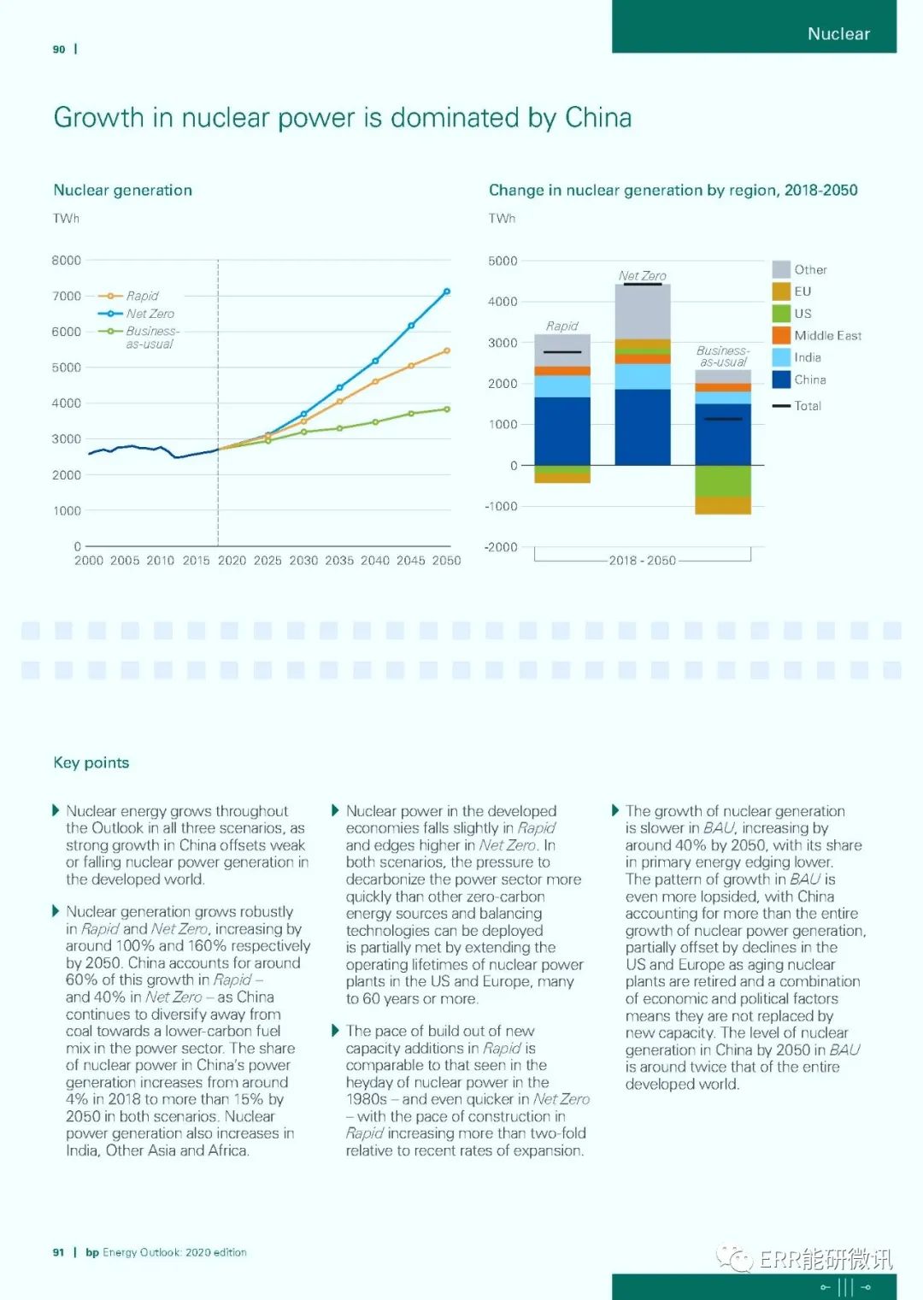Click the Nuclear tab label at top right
838,34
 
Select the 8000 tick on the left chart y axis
67,261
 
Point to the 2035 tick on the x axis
339,561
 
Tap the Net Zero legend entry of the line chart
150,314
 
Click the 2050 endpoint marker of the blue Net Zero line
447,291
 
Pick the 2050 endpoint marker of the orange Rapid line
447,350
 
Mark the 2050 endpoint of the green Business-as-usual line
447,409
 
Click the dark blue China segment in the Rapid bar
562,431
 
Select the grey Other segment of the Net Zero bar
643,312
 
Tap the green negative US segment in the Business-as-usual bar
723,481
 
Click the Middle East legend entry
827,336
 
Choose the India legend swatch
781,357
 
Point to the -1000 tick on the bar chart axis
502,507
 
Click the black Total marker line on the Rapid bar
562,352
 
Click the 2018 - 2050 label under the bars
642,561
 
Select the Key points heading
91,762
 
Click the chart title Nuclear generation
123,190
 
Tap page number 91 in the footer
58,1252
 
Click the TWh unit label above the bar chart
502,219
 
